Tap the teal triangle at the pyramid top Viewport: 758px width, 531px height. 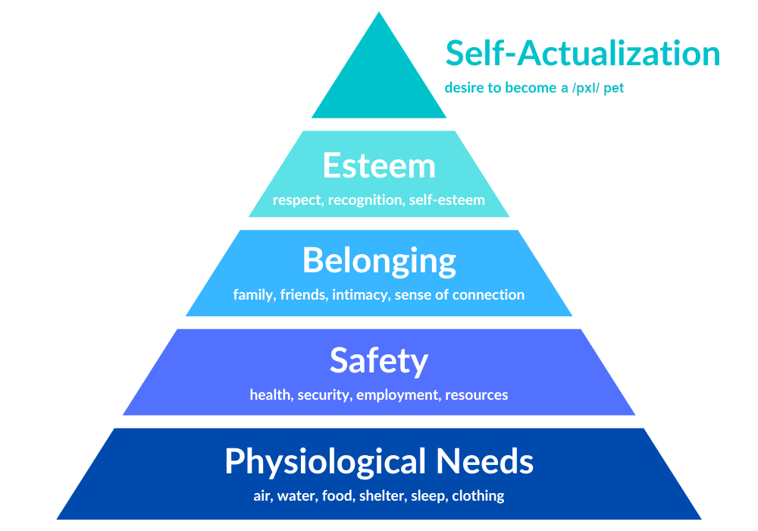tap(379, 77)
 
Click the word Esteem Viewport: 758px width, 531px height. tap(379, 165)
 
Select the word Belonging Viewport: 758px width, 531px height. tap(379, 261)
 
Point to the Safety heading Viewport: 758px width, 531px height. tap(379, 361)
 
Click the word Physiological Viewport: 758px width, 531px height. tap(325, 462)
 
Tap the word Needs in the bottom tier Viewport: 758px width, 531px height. tap(485, 461)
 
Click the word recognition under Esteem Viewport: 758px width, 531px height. tap(365, 200)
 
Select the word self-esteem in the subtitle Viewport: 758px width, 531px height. tap(446, 200)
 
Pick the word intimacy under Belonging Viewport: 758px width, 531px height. tap(361, 295)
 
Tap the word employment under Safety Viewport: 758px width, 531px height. tap(398, 395)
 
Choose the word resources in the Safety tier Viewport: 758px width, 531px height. tap(476, 395)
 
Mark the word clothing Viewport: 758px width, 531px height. tap(478, 496)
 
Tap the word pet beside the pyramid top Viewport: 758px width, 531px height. tap(613, 89)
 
